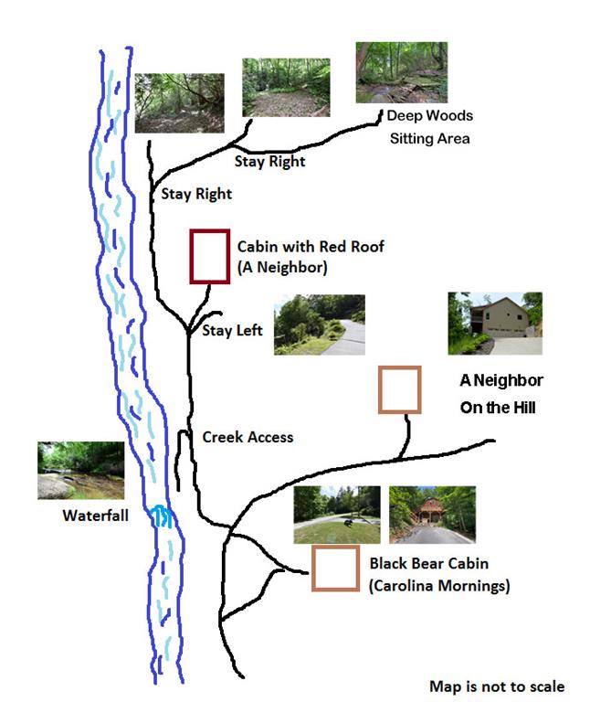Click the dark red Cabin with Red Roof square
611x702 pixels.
(x=208, y=257)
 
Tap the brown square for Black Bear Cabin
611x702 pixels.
(x=334, y=569)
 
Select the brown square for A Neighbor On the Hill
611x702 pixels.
(x=400, y=389)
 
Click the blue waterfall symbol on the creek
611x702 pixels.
(x=163, y=518)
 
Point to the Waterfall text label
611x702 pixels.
(x=95, y=515)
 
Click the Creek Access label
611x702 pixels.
(x=248, y=437)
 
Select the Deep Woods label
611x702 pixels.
(x=429, y=116)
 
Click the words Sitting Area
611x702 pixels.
(x=429, y=139)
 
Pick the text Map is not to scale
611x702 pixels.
(x=497, y=686)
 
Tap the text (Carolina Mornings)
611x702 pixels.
(x=438, y=586)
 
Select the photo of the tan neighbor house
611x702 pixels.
(x=495, y=323)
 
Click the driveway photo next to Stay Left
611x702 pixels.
(x=319, y=324)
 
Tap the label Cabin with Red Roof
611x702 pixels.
(x=311, y=247)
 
